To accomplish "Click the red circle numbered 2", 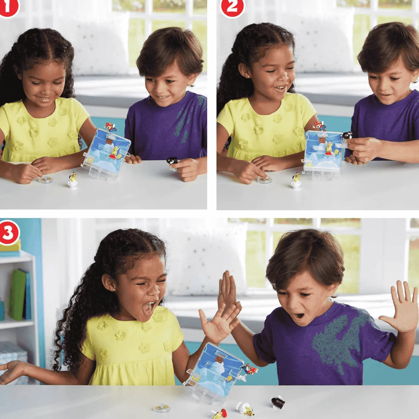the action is (232, 7).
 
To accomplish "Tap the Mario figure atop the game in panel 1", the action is (110, 127).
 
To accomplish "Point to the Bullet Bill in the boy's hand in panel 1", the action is (172, 160).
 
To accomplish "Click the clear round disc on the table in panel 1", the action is (45, 180).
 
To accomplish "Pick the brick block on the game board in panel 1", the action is (109, 141).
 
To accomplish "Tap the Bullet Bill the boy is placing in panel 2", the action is (348, 135).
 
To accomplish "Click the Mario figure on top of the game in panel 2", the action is (319, 126).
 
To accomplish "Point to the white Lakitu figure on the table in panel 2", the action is (296, 181).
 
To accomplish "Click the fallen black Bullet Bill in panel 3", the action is (278, 397).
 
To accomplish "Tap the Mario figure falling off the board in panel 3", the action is (250, 370).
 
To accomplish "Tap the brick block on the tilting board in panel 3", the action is (219, 358).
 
